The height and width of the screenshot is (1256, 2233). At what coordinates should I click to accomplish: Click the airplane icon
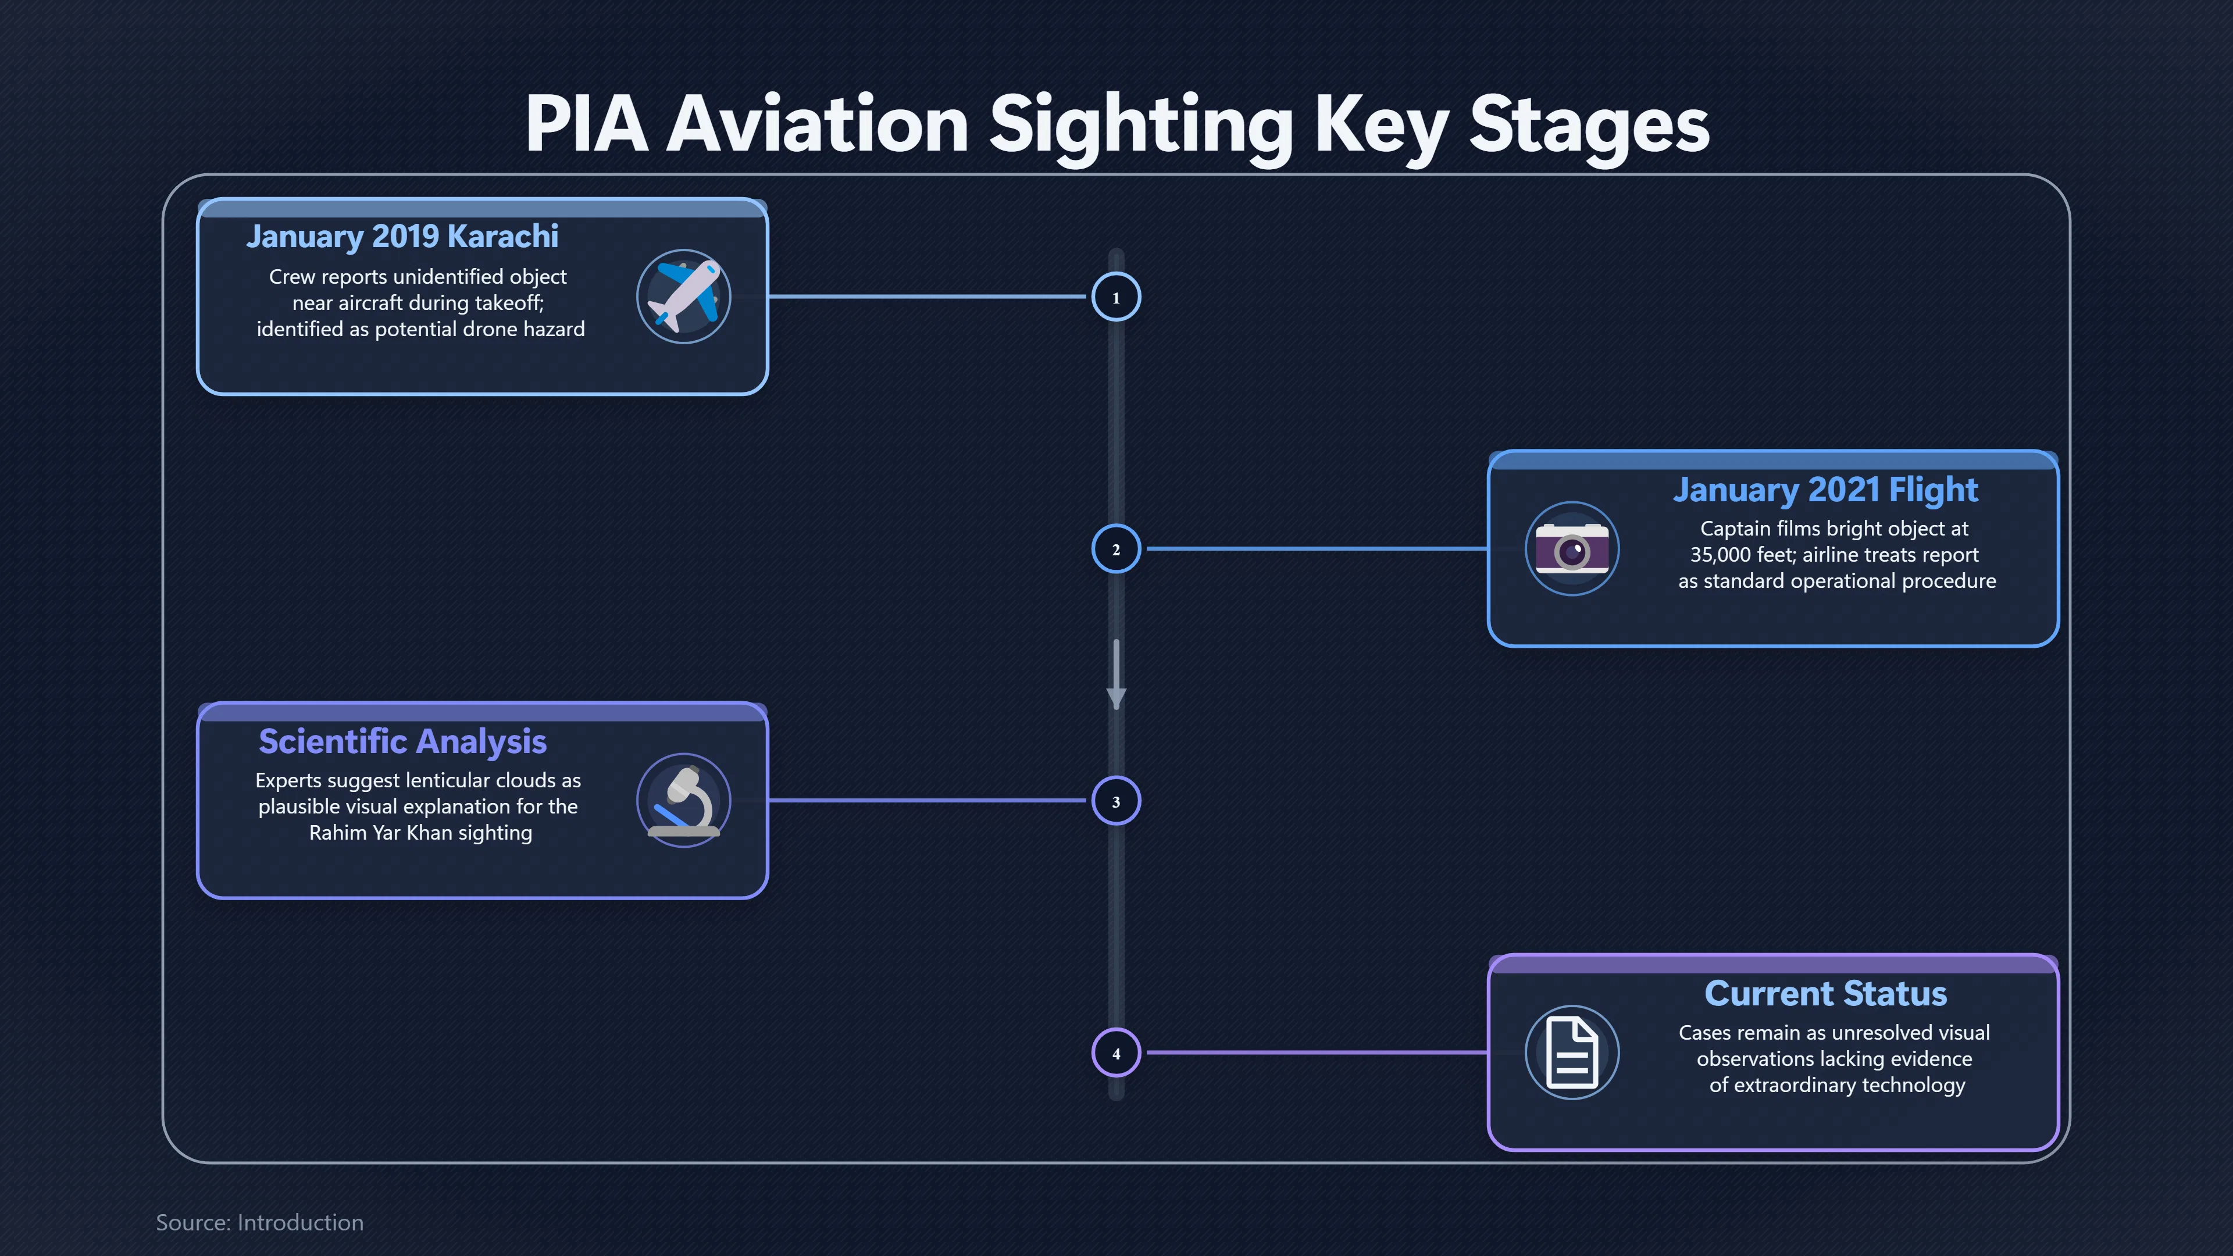click(x=684, y=297)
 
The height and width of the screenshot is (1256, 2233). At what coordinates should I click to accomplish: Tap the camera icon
click(x=1572, y=549)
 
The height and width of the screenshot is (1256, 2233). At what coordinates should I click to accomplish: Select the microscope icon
click(x=684, y=800)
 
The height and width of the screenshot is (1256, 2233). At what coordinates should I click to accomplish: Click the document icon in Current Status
click(x=1572, y=1052)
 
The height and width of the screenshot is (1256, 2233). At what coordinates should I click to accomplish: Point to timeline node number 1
click(x=1116, y=297)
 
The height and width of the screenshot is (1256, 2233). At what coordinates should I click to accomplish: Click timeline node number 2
click(x=1116, y=549)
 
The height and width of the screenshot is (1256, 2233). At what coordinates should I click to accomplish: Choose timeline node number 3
click(x=1116, y=801)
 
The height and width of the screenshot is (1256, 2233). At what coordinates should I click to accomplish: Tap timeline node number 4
click(x=1116, y=1052)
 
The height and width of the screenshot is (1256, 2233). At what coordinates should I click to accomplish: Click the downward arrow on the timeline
click(x=1116, y=675)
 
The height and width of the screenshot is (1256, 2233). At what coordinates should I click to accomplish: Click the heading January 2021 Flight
click(x=1825, y=490)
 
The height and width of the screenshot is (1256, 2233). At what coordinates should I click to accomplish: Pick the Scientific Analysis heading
click(x=402, y=741)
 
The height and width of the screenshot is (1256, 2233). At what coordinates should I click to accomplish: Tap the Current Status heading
click(x=1825, y=993)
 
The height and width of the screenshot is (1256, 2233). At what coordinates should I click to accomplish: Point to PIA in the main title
click(x=587, y=125)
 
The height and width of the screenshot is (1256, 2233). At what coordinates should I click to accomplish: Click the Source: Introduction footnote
click(x=259, y=1222)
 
